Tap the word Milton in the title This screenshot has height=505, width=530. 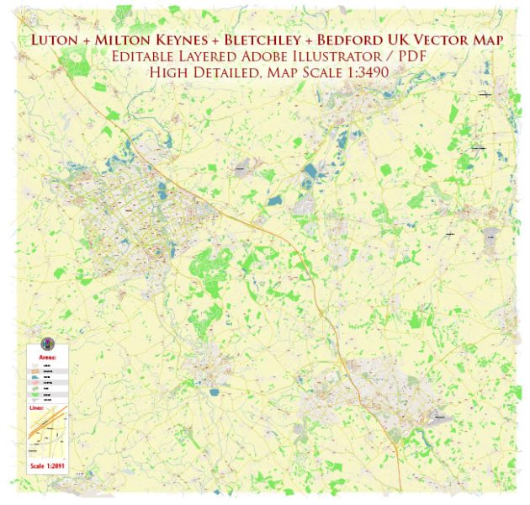tap(130, 40)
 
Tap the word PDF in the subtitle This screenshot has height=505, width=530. tap(403, 56)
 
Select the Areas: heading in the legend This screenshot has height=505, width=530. tap(48, 356)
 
